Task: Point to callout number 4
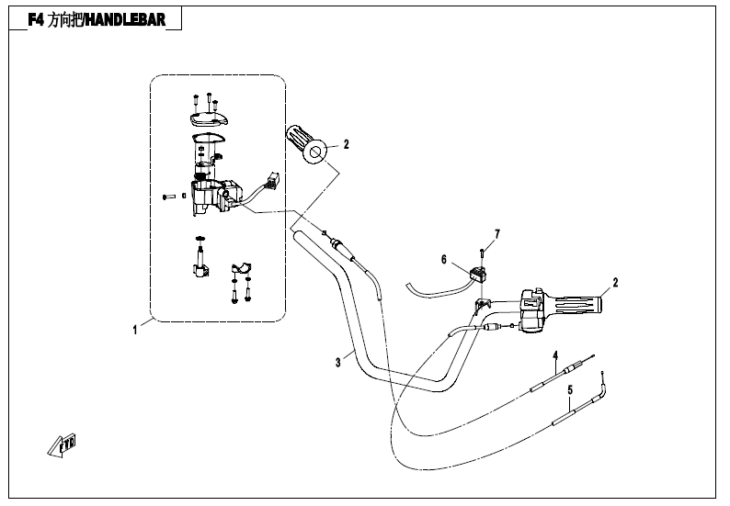(x=555, y=354)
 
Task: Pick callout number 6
(x=443, y=260)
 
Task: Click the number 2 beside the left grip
(x=347, y=143)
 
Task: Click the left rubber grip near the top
(x=307, y=143)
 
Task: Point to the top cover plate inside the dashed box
(x=208, y=118)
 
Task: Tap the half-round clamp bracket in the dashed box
(x=242, y=268)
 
